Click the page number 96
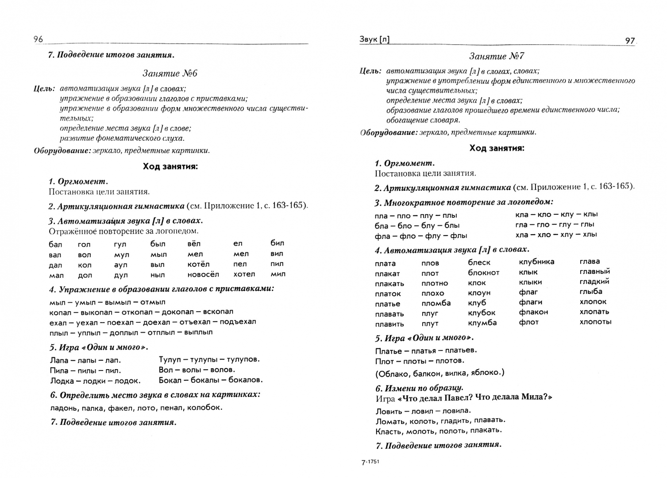pos(38,39)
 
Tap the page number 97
pos(630,41)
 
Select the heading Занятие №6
pos(170,73)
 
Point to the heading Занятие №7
pos(497,56)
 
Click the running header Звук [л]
pos(374,40)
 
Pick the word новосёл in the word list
pos(203,274)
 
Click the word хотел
pos(244,274)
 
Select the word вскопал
pos(217,312)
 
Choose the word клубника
pos(536,262)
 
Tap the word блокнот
pos(483,273)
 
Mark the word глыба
pos(591,292)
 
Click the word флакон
pos(533,312)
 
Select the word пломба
pos(436,303)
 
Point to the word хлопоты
pos(595,322)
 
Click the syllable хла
pos(522,235)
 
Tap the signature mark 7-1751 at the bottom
pos(370,462)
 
